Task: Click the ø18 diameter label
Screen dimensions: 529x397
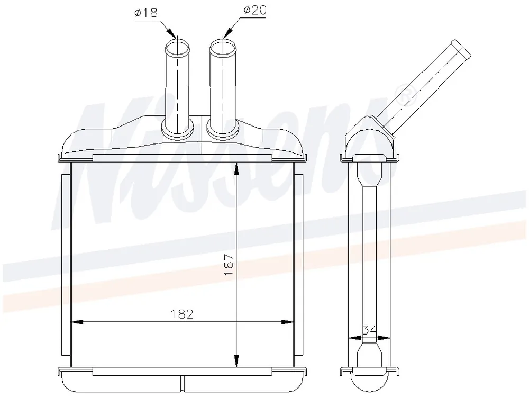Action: [x=146, y=13]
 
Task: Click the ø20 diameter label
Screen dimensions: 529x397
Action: [x=255, y=11]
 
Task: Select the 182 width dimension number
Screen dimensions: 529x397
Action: [x=182, y=314]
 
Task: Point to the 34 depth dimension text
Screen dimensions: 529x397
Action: [x=369, y=330]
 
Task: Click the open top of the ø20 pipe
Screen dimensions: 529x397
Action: [x=223, y=47]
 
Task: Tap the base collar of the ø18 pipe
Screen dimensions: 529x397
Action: [x=178, y=128]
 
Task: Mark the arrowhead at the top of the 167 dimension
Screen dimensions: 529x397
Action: [x=236, y=168]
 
